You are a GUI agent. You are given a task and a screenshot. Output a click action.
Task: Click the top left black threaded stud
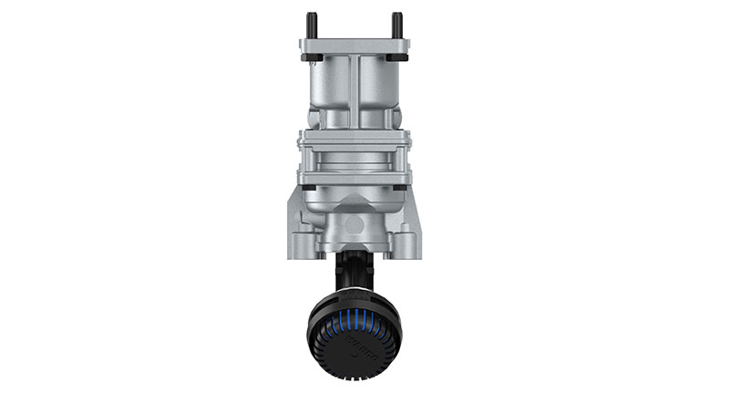312,23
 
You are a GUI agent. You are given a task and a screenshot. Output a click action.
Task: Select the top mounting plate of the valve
354,46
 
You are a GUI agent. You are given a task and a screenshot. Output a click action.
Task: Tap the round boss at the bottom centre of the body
354,223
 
